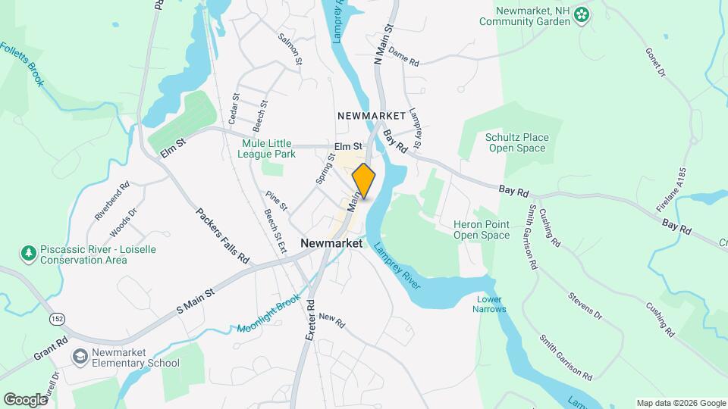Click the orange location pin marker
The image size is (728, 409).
364,181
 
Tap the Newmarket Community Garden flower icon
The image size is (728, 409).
582,14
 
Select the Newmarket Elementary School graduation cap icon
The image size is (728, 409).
80,356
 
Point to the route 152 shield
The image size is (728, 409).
57,319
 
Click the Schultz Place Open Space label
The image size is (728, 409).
516,142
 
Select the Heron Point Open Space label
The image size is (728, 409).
482,229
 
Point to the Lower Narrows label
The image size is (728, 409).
489,304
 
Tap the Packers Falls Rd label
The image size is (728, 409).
223,236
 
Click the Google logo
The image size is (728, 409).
25,399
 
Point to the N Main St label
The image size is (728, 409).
384,42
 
